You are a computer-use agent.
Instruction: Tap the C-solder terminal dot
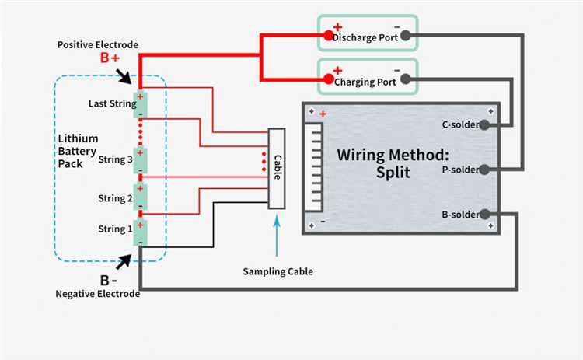click(485, 124)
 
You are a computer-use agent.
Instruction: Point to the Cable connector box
click(277, 168)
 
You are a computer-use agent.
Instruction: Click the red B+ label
click(109, 58)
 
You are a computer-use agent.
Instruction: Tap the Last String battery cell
click(140, 104)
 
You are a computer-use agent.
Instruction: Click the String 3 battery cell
click(140, 159)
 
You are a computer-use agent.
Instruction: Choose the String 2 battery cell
click(140, 197)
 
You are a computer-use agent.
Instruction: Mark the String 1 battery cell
click(140, 231)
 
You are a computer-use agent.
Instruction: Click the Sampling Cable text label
click(278, 271)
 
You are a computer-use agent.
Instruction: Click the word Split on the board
click(393, 172)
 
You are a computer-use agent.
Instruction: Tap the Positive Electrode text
click(97, 44)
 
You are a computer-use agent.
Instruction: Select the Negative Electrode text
click(98, 294)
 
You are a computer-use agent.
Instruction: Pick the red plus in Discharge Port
click(337, 27)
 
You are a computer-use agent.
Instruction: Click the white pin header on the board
click(315, 168)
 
